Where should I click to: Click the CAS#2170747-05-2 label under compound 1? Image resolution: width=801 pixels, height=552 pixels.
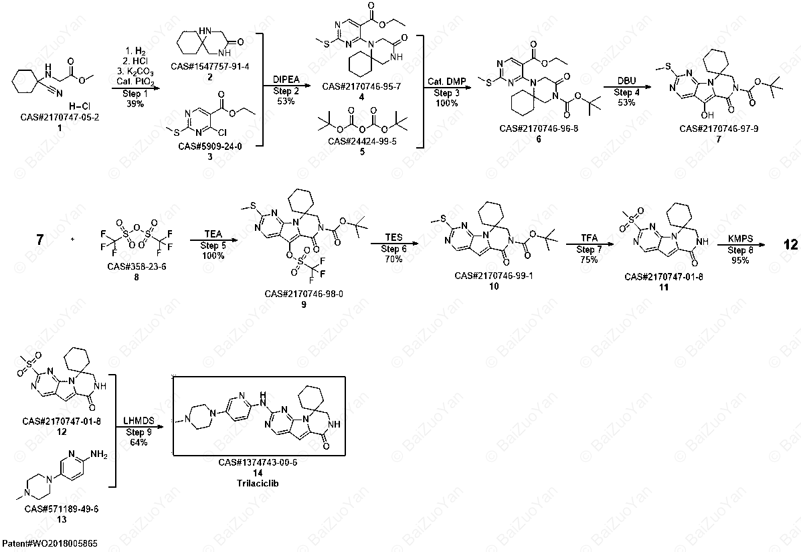pyautogui.click(x=60, y=117)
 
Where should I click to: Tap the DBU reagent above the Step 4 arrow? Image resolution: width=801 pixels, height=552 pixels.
pyautogui.click(x=626, y=81)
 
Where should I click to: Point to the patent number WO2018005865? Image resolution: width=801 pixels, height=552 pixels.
pyautogui.click(x=50, y=543)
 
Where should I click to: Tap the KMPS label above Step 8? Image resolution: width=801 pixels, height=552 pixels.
pyautogui.click(x=739, y=238)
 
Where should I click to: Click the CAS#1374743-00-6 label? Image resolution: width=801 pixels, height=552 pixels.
pyautogui.click(x=258, y=462)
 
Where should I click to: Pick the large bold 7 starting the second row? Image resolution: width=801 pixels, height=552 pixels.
pyautogui.click(x=40, y=240)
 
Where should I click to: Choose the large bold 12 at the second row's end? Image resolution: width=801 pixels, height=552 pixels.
pyautogui.click(x=791, y=245)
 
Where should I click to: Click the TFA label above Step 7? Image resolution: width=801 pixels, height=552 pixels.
pyautogui.click(x=589, y=238)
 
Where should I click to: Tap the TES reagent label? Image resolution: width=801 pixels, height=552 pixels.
pyautogui.click(x=394, y=238)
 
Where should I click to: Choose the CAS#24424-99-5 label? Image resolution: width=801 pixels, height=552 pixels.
pyautogui.click(x=362, y=141)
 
